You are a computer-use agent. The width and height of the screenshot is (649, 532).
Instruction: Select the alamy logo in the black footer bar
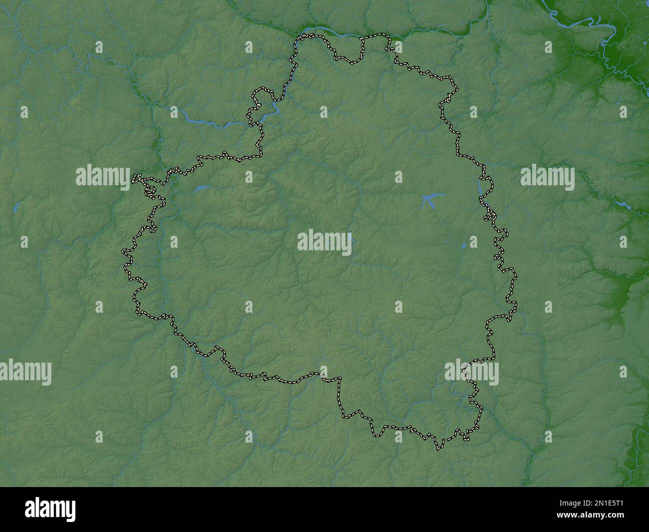click(51, 510)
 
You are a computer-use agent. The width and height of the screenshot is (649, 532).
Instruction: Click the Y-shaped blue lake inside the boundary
click(429, 200)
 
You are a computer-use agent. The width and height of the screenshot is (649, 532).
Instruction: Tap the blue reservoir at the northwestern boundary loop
click(267, 111)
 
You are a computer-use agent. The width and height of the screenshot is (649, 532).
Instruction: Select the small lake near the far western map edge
click(16, 206)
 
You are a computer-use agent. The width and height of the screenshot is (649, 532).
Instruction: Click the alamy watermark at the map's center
click(324, 242)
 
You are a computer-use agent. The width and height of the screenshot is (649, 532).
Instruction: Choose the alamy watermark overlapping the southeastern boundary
click(471, 372)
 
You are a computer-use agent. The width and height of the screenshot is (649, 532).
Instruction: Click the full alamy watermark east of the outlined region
click(547, 176)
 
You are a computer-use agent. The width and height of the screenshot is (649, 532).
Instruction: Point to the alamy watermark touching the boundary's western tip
click(103, 176)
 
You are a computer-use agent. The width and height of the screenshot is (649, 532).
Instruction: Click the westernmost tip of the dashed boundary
click(123, 251)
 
